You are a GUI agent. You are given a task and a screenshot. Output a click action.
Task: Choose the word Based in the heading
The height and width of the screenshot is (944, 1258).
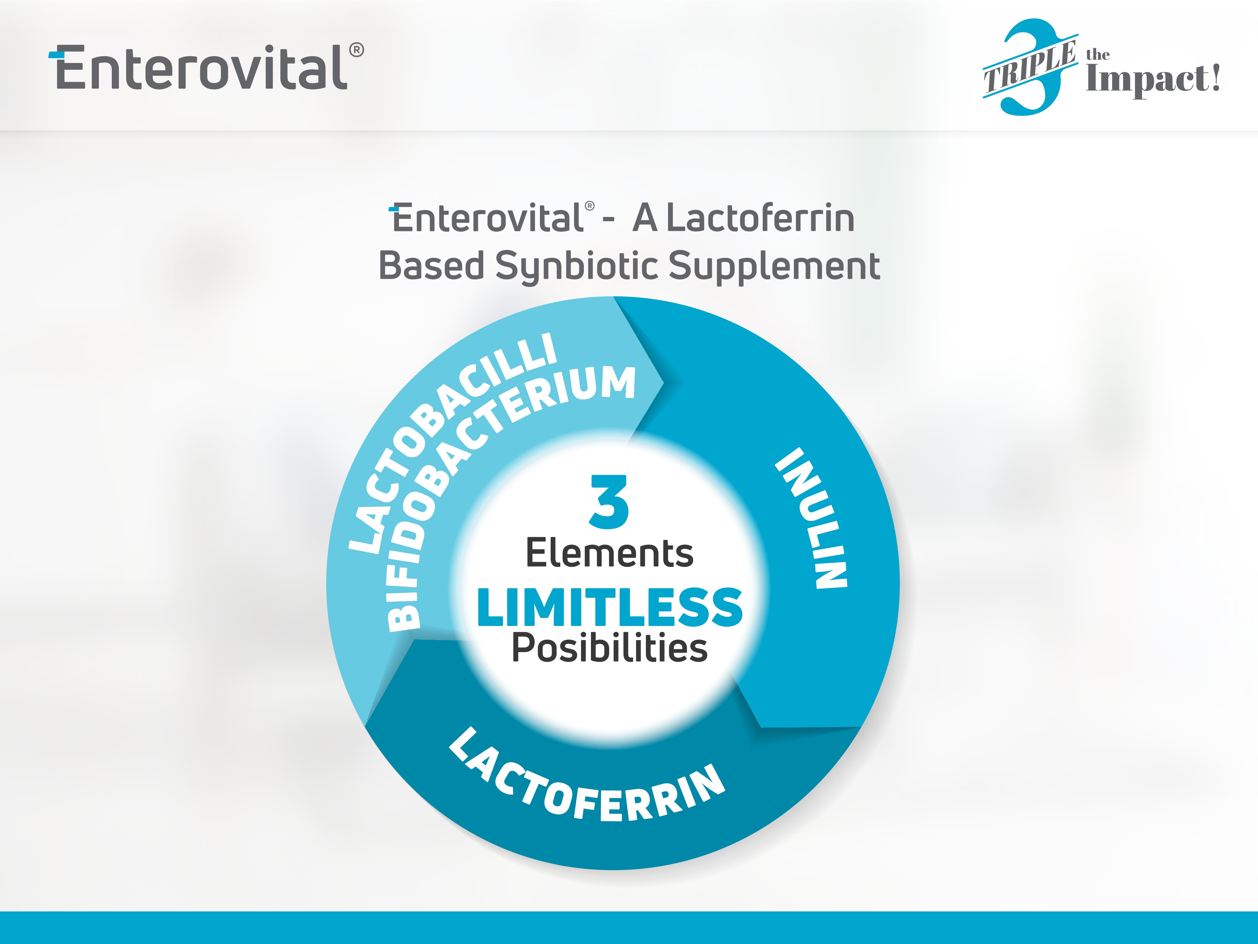(x=432, y=266)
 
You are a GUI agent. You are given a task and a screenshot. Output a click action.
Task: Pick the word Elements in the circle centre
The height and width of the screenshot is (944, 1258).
(x=609, y=553)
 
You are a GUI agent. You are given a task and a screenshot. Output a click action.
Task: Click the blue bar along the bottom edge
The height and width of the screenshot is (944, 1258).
(x=629, y=927)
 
